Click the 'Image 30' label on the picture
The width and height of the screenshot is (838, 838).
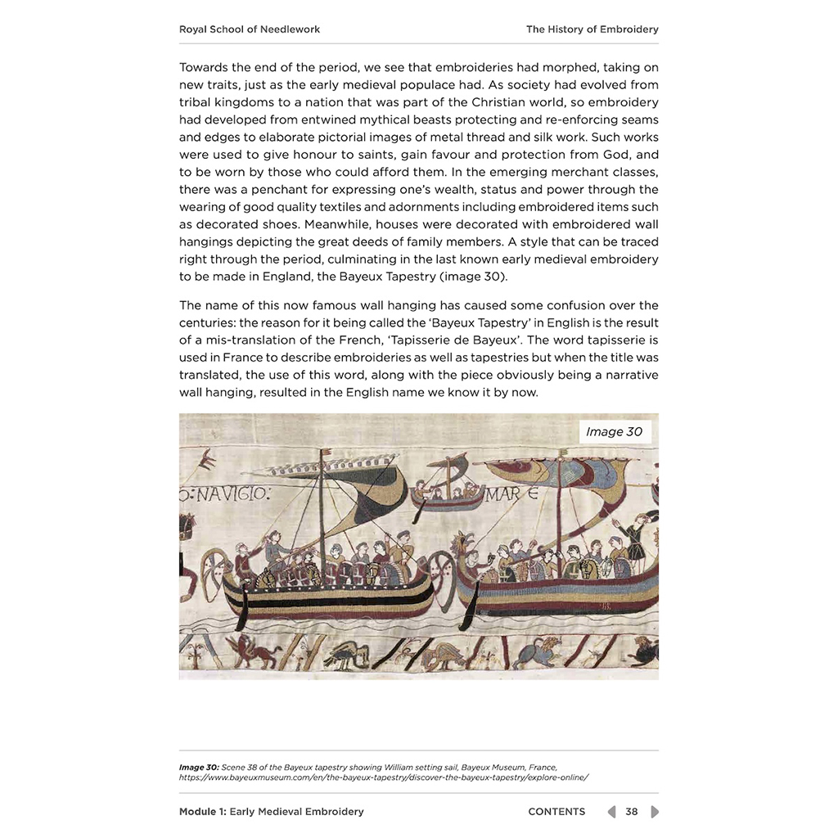[614, 431]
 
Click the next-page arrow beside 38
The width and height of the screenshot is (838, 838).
[654, 812]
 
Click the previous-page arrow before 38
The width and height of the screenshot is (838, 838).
[611, 812]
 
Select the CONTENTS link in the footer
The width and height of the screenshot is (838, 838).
[556, 812]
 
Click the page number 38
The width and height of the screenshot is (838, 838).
[632, 812]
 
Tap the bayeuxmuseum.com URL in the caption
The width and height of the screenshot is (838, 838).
[384, 777]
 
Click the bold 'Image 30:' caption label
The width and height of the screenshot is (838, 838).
[199, 767]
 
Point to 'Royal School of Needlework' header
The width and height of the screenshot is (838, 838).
[250, 29]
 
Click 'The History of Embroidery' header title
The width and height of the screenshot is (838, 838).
[592, 29]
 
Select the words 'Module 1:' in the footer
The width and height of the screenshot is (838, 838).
[202, 812]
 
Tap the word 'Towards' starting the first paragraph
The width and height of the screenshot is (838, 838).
[205, 67]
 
